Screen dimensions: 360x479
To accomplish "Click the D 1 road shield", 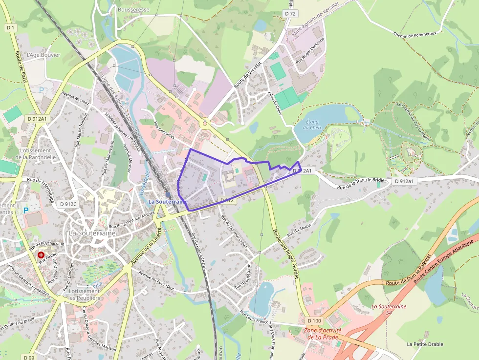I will (x=11, y=28).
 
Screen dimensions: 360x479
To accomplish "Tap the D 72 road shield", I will (x=290, y=14).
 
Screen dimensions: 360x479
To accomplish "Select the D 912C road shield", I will (x=68, y=204).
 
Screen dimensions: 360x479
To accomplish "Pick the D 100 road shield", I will (x=314, y=320).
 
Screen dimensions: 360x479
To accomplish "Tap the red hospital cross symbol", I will (x=41, y=254).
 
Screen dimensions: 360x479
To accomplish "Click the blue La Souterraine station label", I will (x=168, y=201).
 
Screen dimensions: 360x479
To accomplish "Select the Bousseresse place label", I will (x=133, y=9).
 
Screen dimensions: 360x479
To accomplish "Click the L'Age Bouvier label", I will (x=44, y=55).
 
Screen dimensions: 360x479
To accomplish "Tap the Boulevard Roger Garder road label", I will (x=283, y=254).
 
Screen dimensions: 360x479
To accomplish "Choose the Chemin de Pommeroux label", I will (x=414, y=35).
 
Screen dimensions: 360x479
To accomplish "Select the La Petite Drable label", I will (x=425, y=344).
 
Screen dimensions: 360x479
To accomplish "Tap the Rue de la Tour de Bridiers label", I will (x=363, y=184).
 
